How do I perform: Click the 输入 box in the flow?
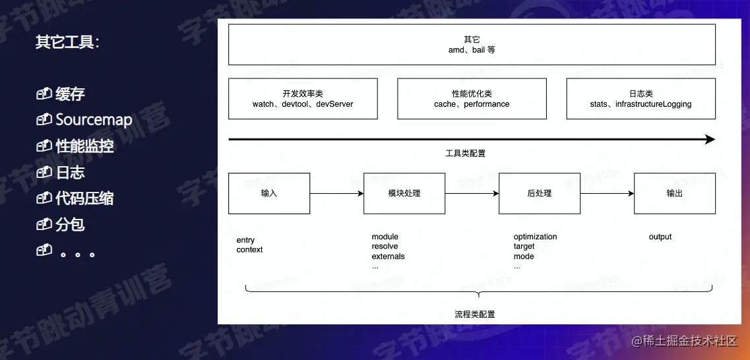tap(269, 193)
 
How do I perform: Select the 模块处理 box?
tap(404, 193)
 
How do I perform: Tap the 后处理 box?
tap(540, 193)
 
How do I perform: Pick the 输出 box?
tap(675, 193)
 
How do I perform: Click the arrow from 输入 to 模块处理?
tap(336, 193)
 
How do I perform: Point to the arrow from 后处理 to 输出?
tap(607, 193)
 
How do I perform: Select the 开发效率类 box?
tap(303, 99)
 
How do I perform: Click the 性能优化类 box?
tap(472, 99)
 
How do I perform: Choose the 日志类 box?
tap(641, 99)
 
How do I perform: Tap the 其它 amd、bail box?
tap(472, 45)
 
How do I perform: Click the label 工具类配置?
tap(466, 154)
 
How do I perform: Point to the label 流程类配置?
tap(475, 315)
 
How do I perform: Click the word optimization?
tap(535, 237)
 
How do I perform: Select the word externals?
tap(388, 256)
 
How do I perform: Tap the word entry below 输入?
tap(245, 240)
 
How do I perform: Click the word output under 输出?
tap(660, 237)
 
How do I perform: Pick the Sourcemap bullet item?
tap(94, 120)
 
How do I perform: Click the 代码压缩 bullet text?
tap(84, 198)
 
